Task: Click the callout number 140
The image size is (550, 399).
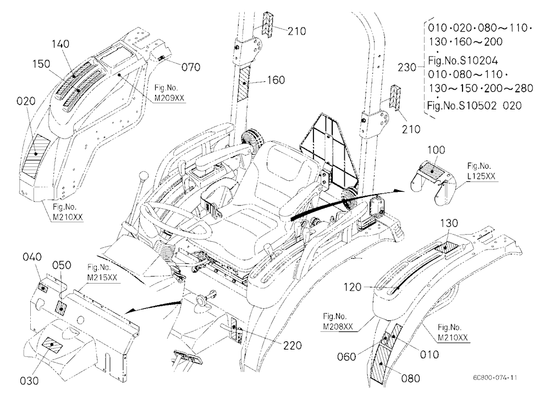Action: pyautogui.click(x=61, y=44)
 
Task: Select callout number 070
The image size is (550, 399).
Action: pyautogui.click(x=191, y=66)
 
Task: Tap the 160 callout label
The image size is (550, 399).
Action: pyautogui.click(x=276, y=80)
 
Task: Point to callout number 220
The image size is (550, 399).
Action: pyautogui.click(x=293, y=346)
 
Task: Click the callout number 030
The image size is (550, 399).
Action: pyautogui.click(x=29, y=380)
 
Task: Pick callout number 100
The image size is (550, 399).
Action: pyautogui.click(x=436, y=149)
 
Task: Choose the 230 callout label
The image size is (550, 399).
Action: pyautogui.click(x=407, y=67)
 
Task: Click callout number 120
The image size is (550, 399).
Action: pyautogui.click(x=353, y=287)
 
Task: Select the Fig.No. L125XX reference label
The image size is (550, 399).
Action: pyautogui.click(x=481, y=171)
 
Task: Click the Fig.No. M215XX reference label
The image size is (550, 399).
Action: pyautogui.click(x=102, y=273)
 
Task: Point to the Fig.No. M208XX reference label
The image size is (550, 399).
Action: pyautogui.click(x=338, y=322)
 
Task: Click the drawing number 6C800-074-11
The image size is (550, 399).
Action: pyautogui.click(x=495, y=378)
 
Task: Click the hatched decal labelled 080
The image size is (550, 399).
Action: pyautogui.click(x=382, y=364)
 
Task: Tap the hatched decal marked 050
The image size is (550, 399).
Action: pyautogui.click(x=61, y=308)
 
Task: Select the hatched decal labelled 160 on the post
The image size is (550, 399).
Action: pyautogui.click(x=245, y=84)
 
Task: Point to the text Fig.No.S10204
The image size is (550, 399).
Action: pyautogui.click(x=463, y=61)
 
